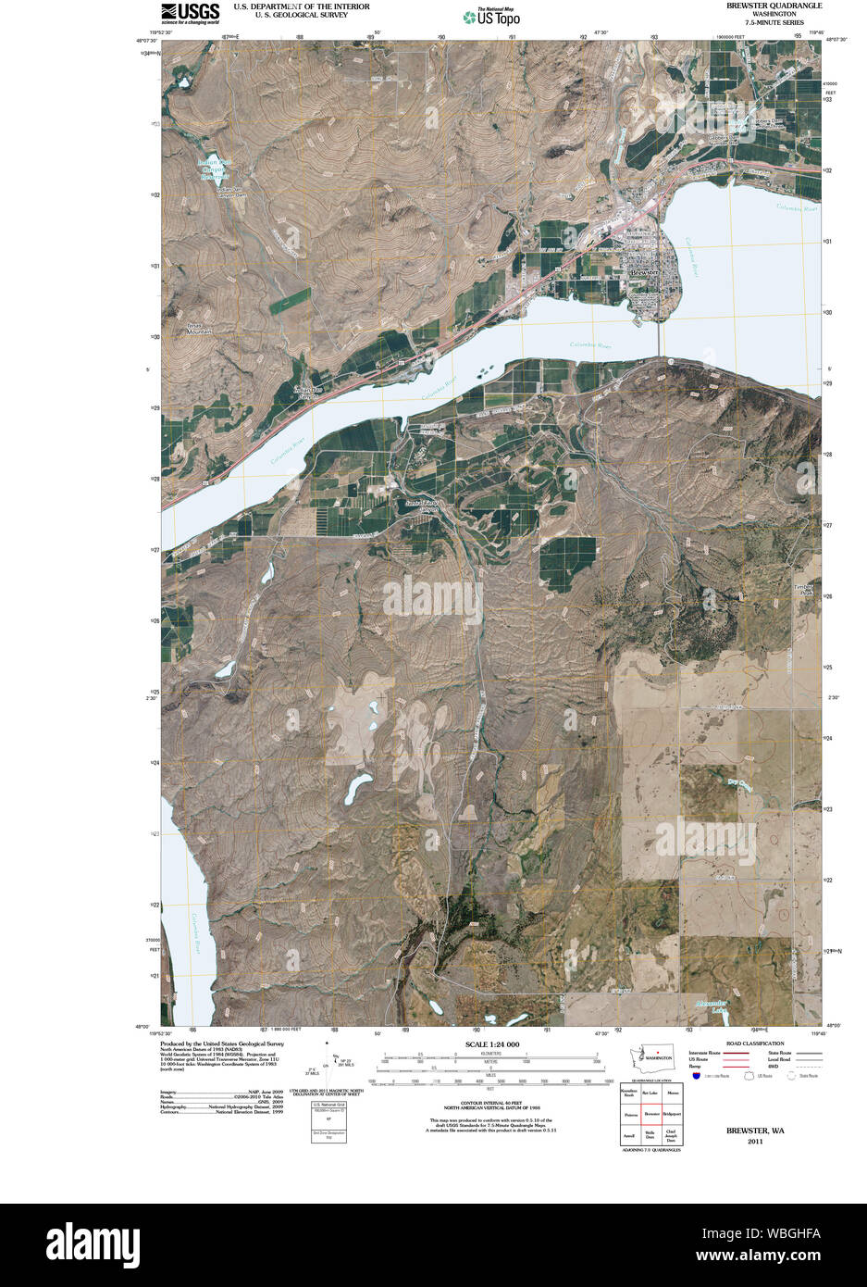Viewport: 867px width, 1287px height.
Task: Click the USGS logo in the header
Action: pyautogui.click(x=190, y=12)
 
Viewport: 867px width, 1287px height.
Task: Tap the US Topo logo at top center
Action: pyautogui.click(x=492, y=16)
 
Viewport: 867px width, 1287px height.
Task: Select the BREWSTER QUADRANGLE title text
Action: pyautogui.click(x=774, y=6)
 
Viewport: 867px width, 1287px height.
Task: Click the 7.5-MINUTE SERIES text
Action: pyautogui.click(x=774, y=22)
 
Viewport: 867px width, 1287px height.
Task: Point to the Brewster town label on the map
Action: pyautogui.click(x=643, y=273)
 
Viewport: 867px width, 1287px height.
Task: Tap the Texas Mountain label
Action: pyautogui.click(x=199, y=329)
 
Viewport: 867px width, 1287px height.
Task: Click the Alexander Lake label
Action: pyautogui.click(x=712, y=1006)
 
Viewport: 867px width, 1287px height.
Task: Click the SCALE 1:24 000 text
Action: pyautogui.click(x=491, y=1044)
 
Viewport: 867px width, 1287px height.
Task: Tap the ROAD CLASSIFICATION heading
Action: pyautogui.click(x=755, y=1043)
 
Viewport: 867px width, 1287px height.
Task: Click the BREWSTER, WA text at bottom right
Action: pyautogui.click(x=755, y=1131)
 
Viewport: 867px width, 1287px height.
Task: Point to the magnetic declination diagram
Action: pyautogui.click(x=329, y=1065)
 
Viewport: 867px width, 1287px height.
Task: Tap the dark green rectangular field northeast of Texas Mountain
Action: pyautogui.click(x=291, y=299)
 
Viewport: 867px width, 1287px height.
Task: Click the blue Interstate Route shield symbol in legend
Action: pyautogui.click(x=696, y=1076)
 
